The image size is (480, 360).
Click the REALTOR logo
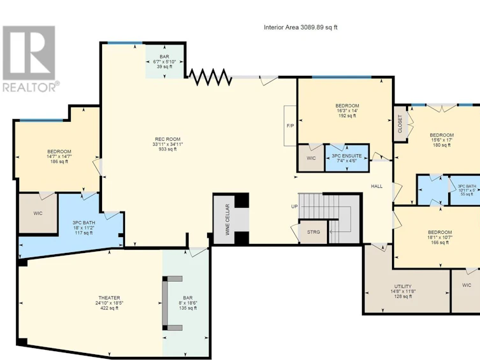30,59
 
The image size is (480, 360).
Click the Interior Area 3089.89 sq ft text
301,27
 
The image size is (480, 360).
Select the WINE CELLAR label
228,220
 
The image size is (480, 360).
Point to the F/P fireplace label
290,126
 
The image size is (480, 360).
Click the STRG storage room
314,232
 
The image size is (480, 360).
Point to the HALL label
377,186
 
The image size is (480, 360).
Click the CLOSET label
400,124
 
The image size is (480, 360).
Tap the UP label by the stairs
295,207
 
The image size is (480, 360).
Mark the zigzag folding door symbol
210,77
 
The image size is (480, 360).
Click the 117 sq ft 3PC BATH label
84,228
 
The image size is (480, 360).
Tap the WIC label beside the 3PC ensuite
311,159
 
